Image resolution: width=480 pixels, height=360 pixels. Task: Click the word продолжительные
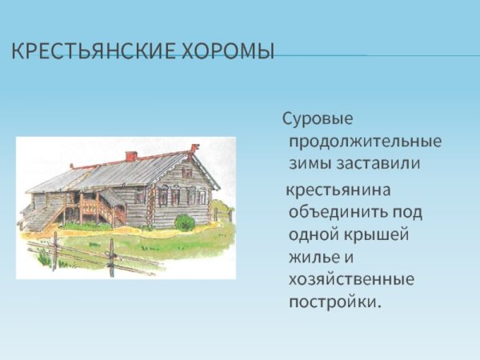point(365,142)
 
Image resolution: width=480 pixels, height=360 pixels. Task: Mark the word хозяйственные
point(351,281)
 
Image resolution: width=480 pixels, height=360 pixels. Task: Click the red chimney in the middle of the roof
point(131,156)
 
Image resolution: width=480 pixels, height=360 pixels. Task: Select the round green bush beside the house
point(185,222)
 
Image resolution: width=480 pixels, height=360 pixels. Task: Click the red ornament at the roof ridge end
point(194,148)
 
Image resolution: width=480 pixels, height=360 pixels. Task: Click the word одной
point(310,236)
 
